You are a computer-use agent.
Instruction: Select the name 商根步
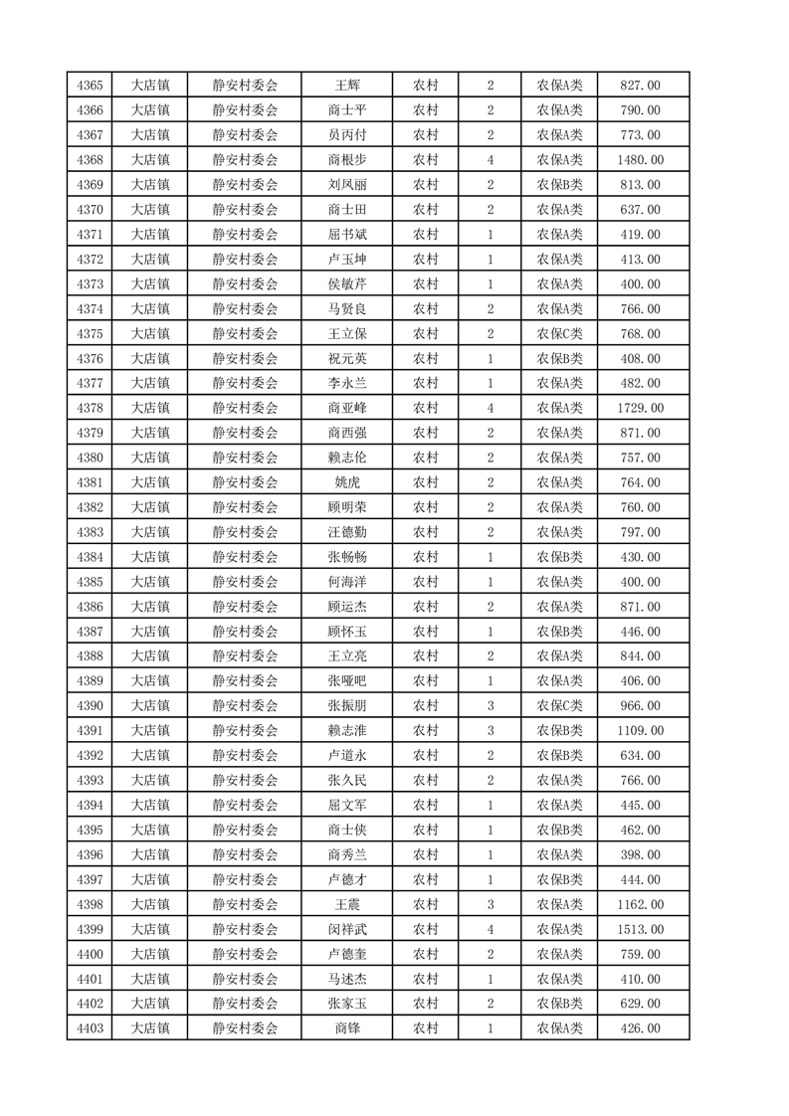[346, 160]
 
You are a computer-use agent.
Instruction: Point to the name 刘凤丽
[346, 185]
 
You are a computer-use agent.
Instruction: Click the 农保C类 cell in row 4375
[559, 333]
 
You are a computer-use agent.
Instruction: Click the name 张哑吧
[346, 680]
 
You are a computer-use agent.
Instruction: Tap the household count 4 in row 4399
[491, 929]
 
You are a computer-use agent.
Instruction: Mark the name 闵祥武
[346, 929]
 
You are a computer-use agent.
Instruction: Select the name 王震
[346, 904]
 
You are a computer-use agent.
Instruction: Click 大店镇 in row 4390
[150, 705]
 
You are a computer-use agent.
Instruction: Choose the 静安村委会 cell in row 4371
[245, 235]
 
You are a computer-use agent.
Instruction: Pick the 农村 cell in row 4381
[426, 482]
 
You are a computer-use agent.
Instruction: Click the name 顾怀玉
[346, 632]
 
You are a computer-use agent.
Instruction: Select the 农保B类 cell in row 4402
[559, 1004]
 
